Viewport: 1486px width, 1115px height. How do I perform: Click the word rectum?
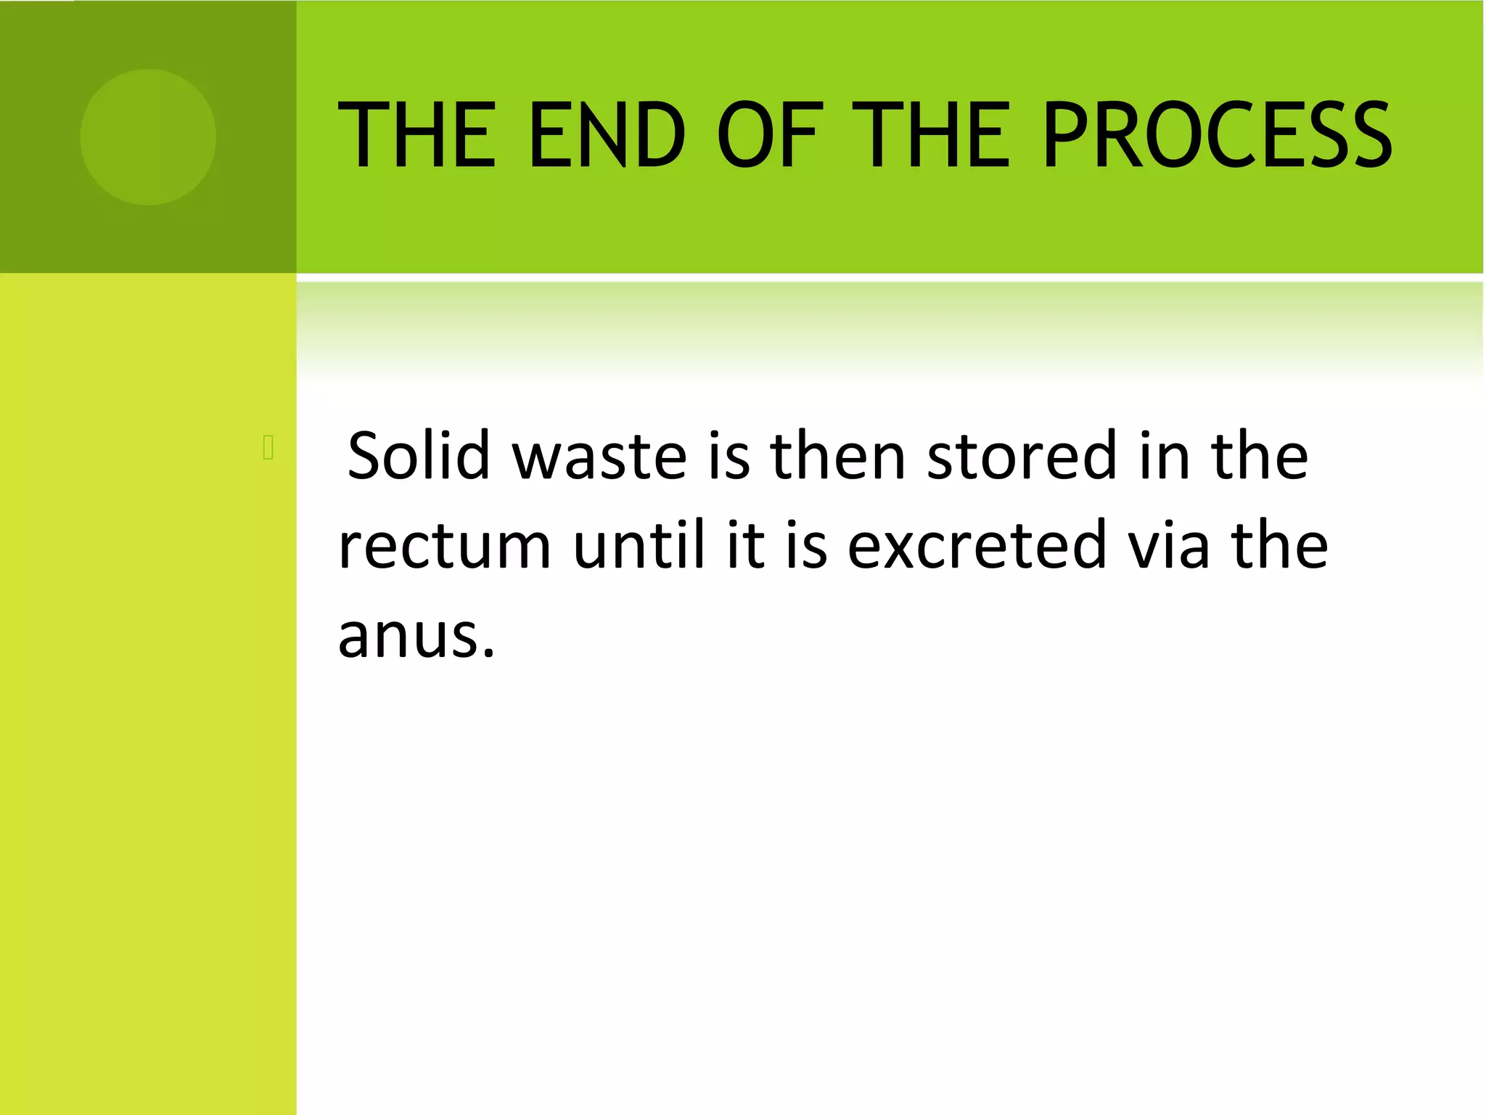click(x=445, y=546)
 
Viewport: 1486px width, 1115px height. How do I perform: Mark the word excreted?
click(x=977, y=546)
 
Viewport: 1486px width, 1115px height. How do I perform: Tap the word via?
click(x=1168, y=546)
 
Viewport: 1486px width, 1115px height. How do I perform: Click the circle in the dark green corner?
click(x=148, y=137)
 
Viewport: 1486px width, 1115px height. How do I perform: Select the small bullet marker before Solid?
click(x=268, y=448)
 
